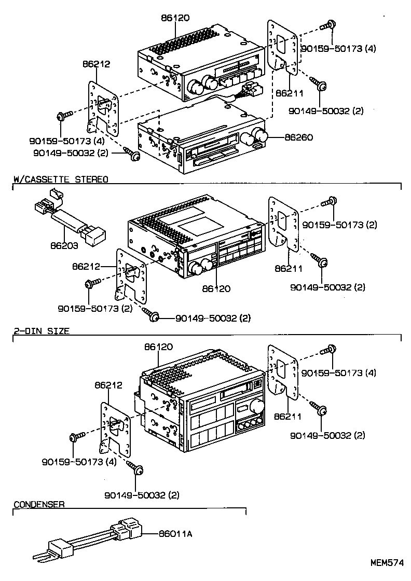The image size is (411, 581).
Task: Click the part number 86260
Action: click(x=298, y=138)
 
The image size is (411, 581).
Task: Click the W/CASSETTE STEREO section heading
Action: click(x=60, y=179)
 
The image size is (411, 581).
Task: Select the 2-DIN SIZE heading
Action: click(x=42, y=330)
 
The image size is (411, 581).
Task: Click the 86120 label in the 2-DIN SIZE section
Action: click(x=159, y=347)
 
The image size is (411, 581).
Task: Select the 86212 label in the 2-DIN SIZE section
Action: click(x=108, y=385)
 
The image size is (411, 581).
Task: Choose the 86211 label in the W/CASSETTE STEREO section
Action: click(x=289, y=268)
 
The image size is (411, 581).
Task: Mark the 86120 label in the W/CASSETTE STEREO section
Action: click(x=216, y=288)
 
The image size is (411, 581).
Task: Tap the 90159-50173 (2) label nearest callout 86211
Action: click(x=339, y=225)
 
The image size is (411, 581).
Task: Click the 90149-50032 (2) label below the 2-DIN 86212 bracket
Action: click(x=142, y=494)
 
